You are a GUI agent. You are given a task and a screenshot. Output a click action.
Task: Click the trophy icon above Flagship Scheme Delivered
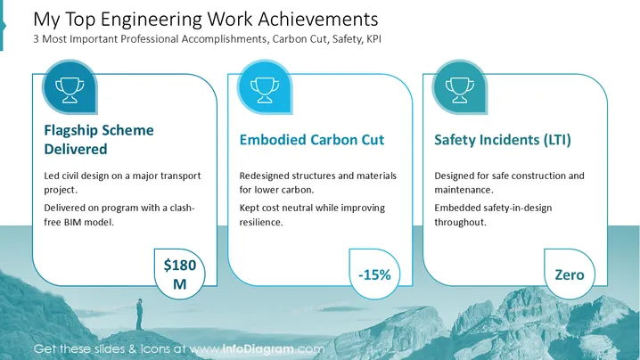[x=70, y=90]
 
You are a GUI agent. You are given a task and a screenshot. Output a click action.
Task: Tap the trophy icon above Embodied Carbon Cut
[x=265, y=90]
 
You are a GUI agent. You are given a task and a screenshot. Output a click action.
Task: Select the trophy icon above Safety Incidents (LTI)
[x=460, y=90]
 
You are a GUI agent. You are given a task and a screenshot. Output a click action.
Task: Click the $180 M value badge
[x=179, y=274]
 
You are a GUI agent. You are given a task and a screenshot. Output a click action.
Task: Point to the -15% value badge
[x=374, y=274]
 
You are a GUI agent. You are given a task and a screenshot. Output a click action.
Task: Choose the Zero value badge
[x=570, y=274]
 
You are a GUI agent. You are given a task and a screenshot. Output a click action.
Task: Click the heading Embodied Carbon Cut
[x=312, y=140]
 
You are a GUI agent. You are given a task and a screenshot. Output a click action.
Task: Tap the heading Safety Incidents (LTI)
[x=503, y=140]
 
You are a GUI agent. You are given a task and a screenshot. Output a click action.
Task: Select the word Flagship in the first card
[x=70, y=131]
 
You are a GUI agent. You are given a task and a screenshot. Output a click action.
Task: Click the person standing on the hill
[x=140, y=314]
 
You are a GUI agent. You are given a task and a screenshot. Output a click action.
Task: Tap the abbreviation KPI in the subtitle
[x=373, y=39]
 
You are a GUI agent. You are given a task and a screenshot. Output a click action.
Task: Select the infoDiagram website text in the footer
[x=258, y=349]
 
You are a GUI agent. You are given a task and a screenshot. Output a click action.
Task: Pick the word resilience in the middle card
[x=261, y=222]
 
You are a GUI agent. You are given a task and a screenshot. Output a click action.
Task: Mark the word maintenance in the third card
[x=464, y=190]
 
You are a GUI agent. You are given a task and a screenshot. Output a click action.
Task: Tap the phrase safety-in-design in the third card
[x=517, y=209]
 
